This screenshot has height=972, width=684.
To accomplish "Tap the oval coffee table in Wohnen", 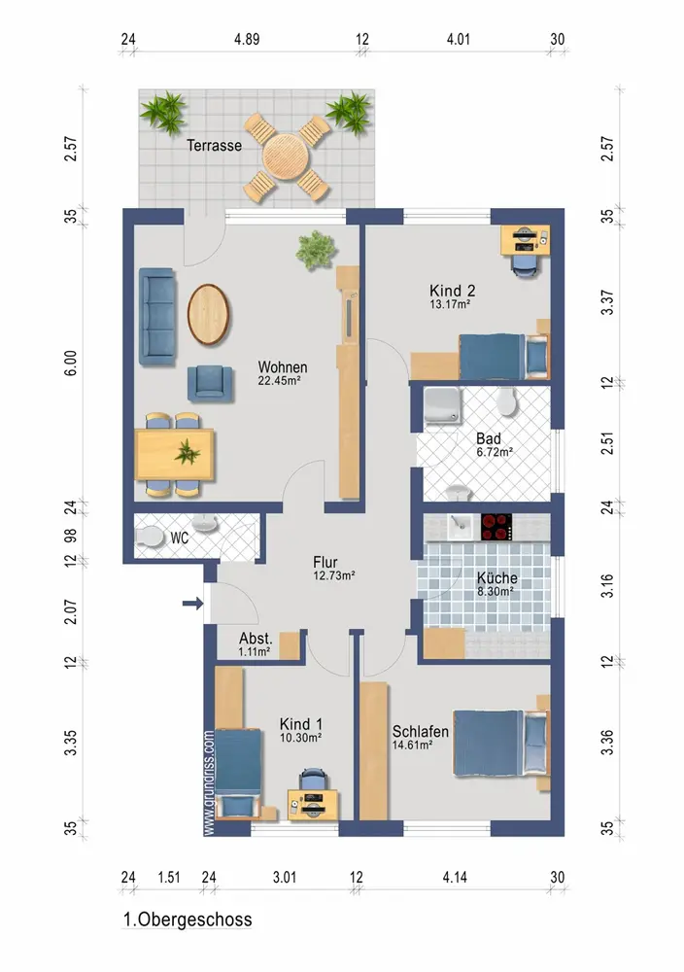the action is pos(208,314).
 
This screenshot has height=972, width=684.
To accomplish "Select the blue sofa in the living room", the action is pos(156,316).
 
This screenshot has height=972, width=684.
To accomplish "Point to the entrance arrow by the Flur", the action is pos(192,603).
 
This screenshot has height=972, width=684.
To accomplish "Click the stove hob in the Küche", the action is pos(496,527).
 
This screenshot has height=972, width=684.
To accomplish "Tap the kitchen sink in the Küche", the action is pos(460,526).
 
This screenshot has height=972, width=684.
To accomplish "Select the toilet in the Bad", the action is pos(507,401).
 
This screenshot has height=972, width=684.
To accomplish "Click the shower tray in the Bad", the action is pos(442,406).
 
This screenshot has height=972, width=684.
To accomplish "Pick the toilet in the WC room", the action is pos(148,537).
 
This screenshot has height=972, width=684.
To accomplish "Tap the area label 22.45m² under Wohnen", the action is pos(279,381).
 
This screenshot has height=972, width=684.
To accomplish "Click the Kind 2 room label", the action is pos(453,290).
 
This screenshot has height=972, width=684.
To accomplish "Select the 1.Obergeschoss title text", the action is pos(188,920).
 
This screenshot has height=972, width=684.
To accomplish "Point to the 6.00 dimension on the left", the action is pos(71,363).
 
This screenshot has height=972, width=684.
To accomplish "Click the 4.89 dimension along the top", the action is pos(247,39).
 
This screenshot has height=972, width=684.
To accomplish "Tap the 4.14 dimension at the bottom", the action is pos(455,877).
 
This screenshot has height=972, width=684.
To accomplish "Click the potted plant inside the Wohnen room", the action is pos(317,249).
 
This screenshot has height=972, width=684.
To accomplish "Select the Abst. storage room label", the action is pos(256,638).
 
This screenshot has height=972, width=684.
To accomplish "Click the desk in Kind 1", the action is pos(313,805).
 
